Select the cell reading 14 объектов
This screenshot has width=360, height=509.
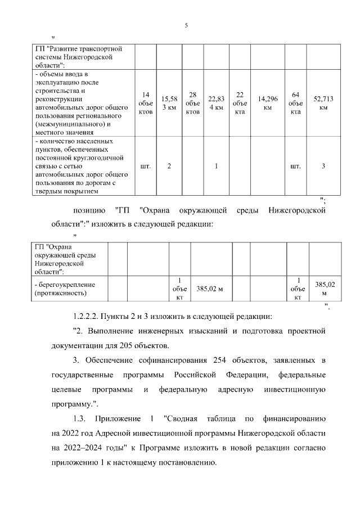click(x=146, y=103)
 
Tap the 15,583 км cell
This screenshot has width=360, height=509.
click(x=169, y=103)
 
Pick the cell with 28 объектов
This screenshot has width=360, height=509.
click(x=192, y=103)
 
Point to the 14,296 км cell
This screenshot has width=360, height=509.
click(x=268, y=103)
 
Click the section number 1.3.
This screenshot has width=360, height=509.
click(x=82, y=419)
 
